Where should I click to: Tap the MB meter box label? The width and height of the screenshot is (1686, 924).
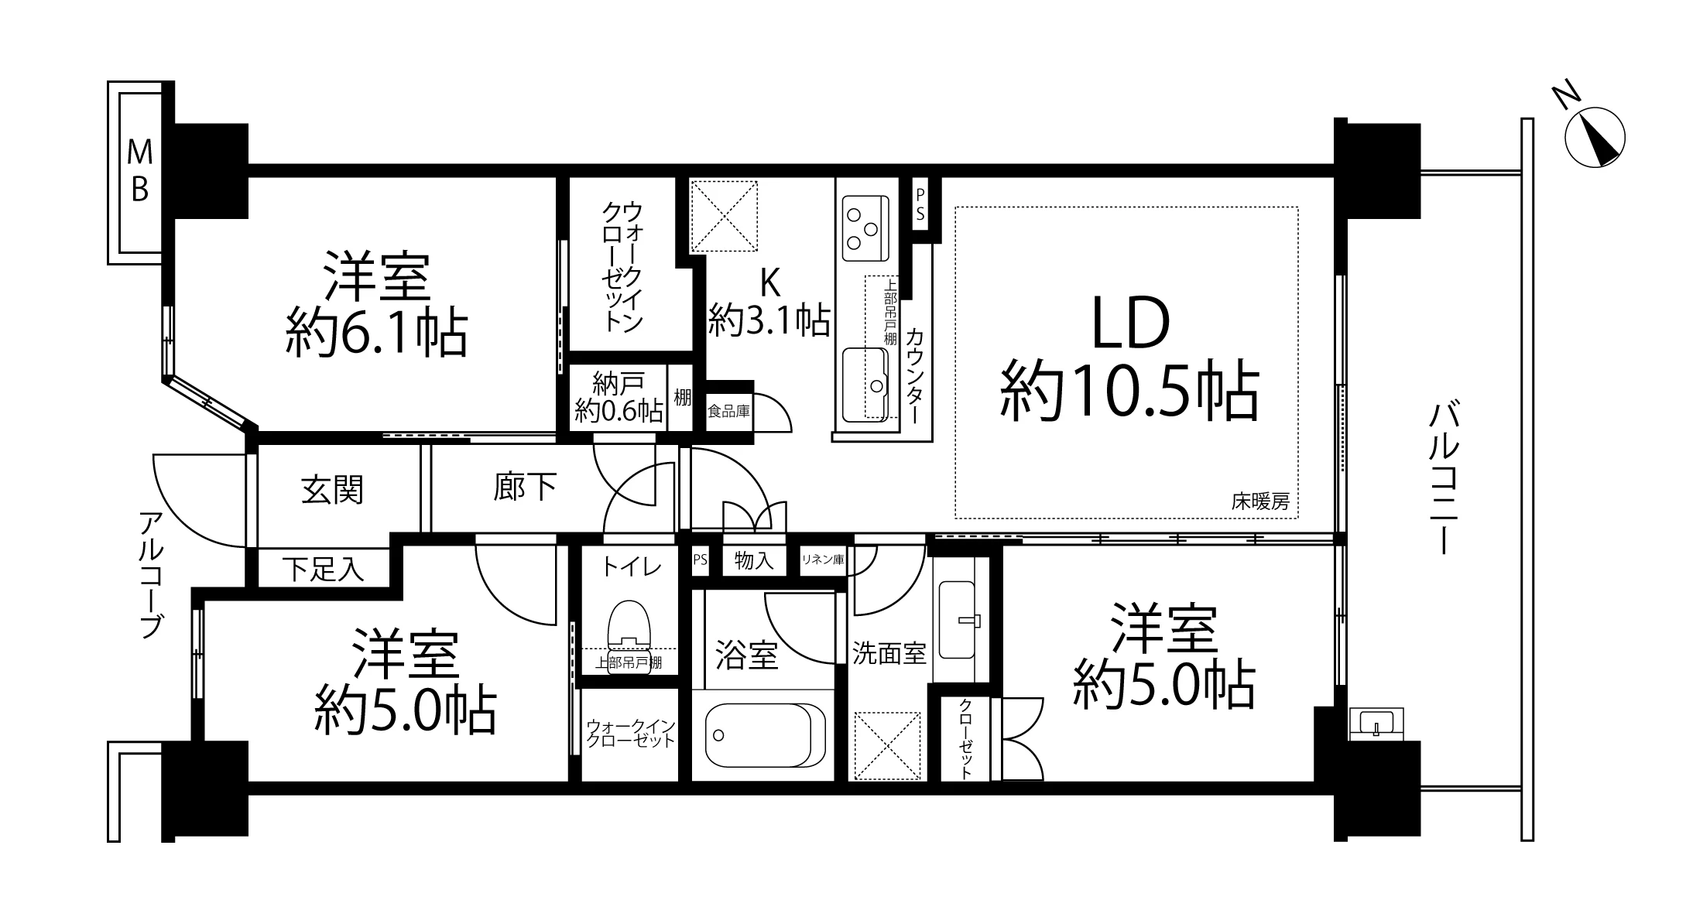pyautogui.click(x=139, y=170)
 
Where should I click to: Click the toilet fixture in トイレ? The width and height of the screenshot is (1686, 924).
pyautogui.click(x=629, y=637)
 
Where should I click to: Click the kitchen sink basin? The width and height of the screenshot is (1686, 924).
pyautogui.click(x=865, y=385)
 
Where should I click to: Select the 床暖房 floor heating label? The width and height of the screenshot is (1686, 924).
pyautogui.click(x=1260, y=501)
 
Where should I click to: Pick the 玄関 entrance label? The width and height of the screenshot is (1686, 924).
pyautogui.click(x=332, y=490)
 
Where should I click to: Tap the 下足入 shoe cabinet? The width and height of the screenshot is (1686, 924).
pyautogui.click(x=323, y=569)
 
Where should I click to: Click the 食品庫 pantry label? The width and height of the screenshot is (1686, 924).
pyautogui.click(x=728, y=411)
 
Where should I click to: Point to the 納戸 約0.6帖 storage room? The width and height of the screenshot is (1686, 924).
pyautogui.click(x=619, y=396)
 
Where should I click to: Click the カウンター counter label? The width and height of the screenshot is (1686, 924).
pyautogui.click(x=914, y=375)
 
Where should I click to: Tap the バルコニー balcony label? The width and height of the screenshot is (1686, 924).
pyautogui.click(x=1441, y=478)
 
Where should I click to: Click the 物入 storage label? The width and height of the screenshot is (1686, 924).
pyautogui.click(x=754, y=560)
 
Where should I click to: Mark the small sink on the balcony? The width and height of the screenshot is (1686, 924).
pyautogui.click(x=1376, y=724)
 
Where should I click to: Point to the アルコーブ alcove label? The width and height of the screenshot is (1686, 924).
pyautogui.click(x=152, y=574)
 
